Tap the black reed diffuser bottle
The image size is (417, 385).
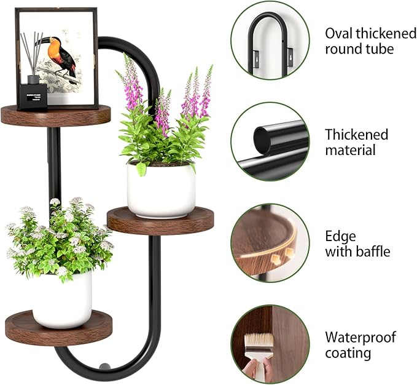coord(32,96)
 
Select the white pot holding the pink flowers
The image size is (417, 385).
coord(161,189)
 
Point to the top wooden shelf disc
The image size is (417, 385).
coord(55,115)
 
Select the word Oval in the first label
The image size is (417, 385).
coord(340,33)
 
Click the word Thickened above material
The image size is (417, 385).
coord(357,134)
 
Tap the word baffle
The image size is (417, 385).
coord(371,251)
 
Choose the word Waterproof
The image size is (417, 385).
coord(360,337)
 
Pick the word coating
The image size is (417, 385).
coord(348,353)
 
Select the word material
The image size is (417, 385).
coord(350,150)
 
